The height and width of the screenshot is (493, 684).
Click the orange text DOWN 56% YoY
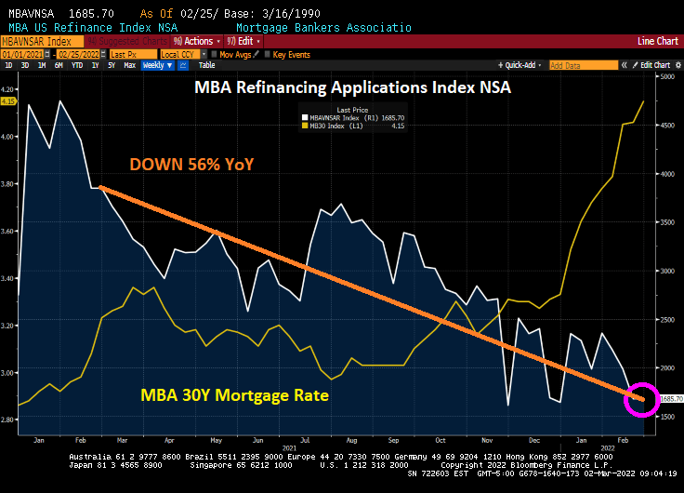(x=192, y=165)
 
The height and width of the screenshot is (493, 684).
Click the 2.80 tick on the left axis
(x=10, y=420)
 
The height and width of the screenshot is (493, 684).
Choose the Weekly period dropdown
(x=157, y=65)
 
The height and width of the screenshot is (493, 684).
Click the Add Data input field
(x=584, y=65)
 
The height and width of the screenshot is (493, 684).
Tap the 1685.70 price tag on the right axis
(x=671, y=398)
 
